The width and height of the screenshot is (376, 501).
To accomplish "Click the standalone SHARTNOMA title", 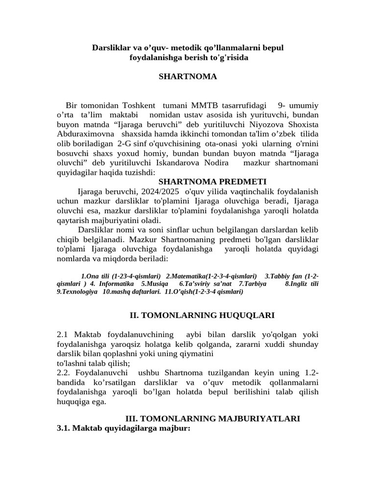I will tap(188, 77).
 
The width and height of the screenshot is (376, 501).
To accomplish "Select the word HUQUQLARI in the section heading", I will tap(238, 316).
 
